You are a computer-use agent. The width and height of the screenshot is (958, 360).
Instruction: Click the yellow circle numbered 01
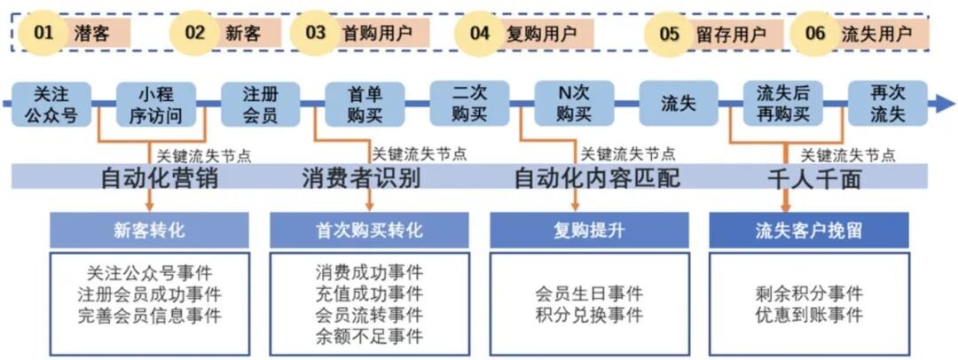click(x=43, y=34)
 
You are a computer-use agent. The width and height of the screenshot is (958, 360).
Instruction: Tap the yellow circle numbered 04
click(x=479, y=34)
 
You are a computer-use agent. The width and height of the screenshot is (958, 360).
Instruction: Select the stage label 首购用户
click(x=377, y=34)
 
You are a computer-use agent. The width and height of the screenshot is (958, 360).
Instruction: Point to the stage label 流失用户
click(x=876, y=34)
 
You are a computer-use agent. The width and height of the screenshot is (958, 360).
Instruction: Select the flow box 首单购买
click(x=364, y=103)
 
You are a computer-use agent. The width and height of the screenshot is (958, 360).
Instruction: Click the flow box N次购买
click(x=574, y=103)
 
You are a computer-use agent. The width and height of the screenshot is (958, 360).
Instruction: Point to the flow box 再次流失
click(x=887, y=103)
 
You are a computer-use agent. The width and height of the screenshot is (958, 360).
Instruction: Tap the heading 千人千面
click(x=814, y=178)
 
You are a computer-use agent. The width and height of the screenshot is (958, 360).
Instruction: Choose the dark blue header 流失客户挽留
click(x=809, y=231)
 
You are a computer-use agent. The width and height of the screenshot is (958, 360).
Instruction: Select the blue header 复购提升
click(x=589, y=231)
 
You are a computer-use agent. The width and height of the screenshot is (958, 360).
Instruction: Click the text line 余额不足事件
click(x=369, y=336)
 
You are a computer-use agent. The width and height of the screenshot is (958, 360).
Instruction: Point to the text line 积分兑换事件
click(x=589, y=315)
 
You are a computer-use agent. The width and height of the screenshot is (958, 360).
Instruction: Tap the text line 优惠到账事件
click(x=809, y=315)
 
